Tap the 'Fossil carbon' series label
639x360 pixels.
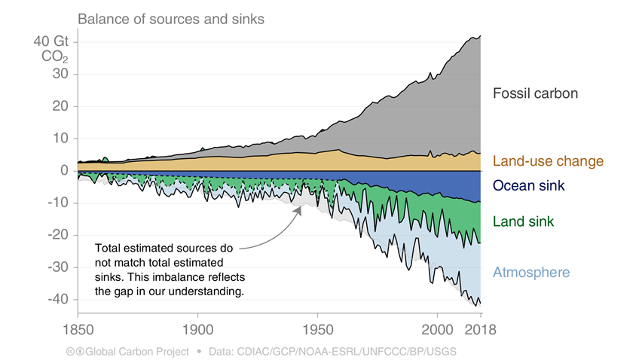pos(534,94)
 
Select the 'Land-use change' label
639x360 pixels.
pos(548,161)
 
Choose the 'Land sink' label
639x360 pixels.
pos(523,221)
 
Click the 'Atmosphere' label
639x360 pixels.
pos(530,273)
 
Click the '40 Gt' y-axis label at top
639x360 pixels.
pos(52,41)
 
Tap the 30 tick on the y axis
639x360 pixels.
pos(62,74)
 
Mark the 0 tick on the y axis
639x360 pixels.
pos(66,170)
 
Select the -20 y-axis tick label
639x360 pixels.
pos(59,235)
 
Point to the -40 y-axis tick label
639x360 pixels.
pos(59,299)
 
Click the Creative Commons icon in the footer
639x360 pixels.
pos(69,351)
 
